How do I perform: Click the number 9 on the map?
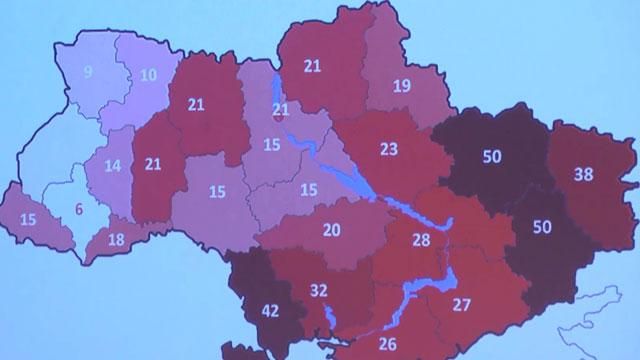tap(88, 71)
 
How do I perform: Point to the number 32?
tap(319, 291)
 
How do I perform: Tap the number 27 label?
tap(462, 304)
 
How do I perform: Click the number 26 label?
tap(389, 344)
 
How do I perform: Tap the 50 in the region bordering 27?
tap(541, 227)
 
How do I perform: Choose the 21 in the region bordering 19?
tap(312, 66)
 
